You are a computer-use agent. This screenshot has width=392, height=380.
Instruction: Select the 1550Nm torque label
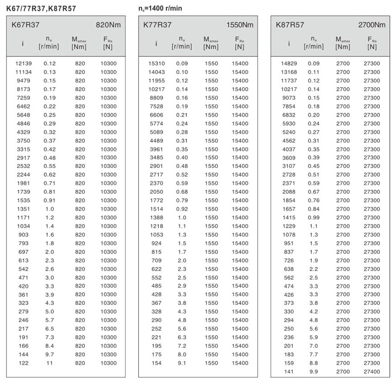(240, 25)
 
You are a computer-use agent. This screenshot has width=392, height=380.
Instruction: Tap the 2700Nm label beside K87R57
(372, 25)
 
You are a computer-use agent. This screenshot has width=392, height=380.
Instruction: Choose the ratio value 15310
(156, 63)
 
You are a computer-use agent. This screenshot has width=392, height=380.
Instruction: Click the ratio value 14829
(289, 63)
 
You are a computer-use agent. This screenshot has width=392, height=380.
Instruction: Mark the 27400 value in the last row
(372, 371)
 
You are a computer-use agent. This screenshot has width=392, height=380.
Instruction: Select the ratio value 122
(24, 363)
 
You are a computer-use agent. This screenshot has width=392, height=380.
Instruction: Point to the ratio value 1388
(156, 217)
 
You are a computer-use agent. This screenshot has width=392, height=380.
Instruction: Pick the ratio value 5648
(24, 115)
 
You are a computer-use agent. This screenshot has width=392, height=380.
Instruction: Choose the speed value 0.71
(50, 183)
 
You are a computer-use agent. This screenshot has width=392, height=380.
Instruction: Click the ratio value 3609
(288, 157)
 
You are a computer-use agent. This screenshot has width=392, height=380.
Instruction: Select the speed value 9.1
(182, 363)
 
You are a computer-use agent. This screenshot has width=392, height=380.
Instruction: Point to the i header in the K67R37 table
(23, 43)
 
